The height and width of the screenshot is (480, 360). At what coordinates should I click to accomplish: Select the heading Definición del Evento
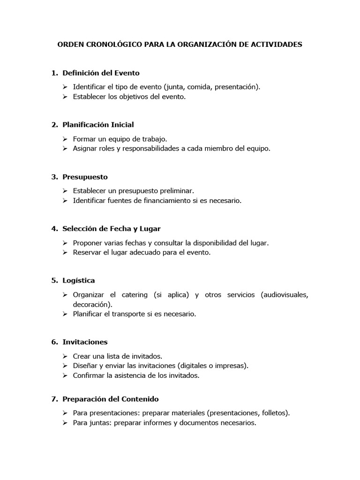tap(101, 73)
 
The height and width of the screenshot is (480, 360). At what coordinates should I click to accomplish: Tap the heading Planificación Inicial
tap(98, 125)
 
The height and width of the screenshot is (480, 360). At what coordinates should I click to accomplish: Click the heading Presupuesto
tap(85, 177)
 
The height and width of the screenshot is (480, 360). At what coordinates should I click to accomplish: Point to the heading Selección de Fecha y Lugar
tap(112, 229)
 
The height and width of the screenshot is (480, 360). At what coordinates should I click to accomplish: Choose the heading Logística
tap(79, 280)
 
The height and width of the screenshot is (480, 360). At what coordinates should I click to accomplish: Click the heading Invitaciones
tap(85, 342)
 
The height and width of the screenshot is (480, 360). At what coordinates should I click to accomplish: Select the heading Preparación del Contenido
tap(111, 399)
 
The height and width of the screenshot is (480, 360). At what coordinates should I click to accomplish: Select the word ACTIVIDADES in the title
tap(276, 45)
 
